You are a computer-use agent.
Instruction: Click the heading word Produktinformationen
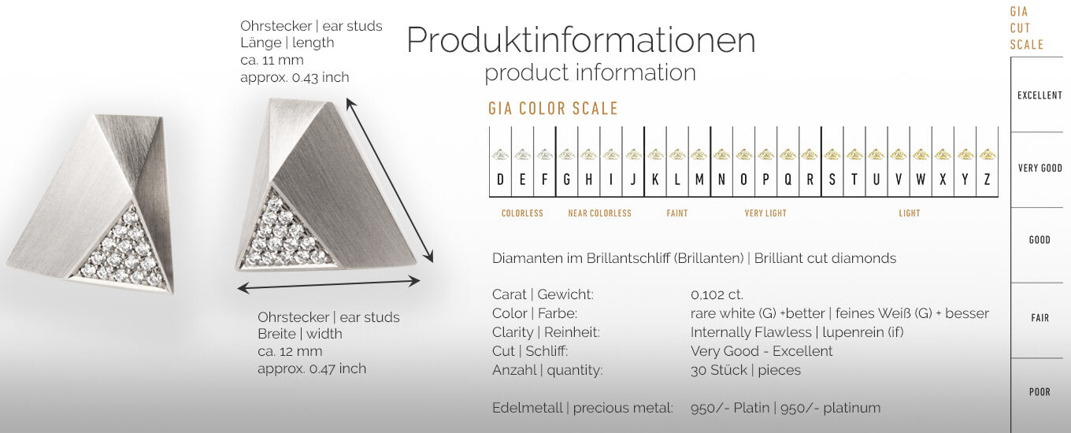[x=580, y=40]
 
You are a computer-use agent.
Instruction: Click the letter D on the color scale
[x=500, y=179]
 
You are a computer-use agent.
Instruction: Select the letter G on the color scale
[x=566, y=179]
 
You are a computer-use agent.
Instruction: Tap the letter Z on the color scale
[x=987, y=179]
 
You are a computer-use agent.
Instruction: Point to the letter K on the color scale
[x=655, y=179]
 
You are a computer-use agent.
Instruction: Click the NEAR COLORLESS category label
[x=599, y=213]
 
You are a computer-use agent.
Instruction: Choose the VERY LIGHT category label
[x=765, y=213]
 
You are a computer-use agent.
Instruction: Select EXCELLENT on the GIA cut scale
[x=1039, y=95]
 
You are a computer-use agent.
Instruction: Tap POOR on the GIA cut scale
[x=1039, y=392]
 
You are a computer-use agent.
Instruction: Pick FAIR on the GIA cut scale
[x=1039, y=318]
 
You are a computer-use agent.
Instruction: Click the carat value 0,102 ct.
[x=717, y=294]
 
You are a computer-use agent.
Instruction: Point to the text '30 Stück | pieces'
[x=745, y=370]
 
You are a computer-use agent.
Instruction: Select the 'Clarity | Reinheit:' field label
[x=546, y=332]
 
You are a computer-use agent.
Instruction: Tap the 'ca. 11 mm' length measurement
[x=272, y=60]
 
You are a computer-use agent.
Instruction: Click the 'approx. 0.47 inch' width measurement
[x=312, y=368]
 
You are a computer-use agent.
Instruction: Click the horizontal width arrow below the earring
[x=329, y=284]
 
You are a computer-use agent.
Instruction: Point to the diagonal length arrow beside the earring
[x=390, y=180]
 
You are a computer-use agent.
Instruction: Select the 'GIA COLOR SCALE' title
[x=553, y=109]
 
